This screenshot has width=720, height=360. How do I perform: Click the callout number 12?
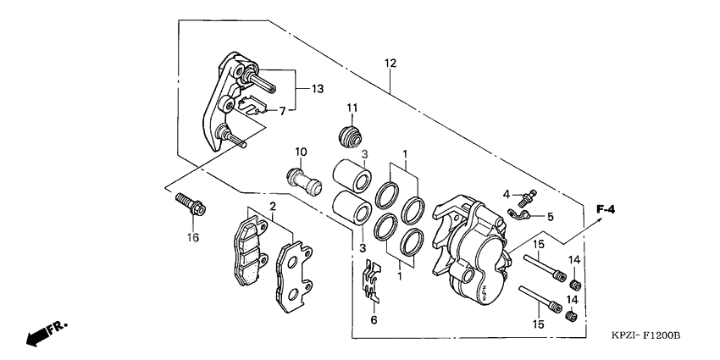click(x=390, y=64)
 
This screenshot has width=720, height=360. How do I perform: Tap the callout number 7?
click(x=293, y=110)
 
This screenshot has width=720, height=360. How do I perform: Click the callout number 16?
click(x=192, y=238)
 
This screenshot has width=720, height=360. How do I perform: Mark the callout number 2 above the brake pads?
click(x=273, y=207)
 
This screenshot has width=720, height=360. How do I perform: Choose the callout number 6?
click(x=373, y=321)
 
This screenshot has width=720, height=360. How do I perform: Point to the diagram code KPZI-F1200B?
click(x=646, y=336)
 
